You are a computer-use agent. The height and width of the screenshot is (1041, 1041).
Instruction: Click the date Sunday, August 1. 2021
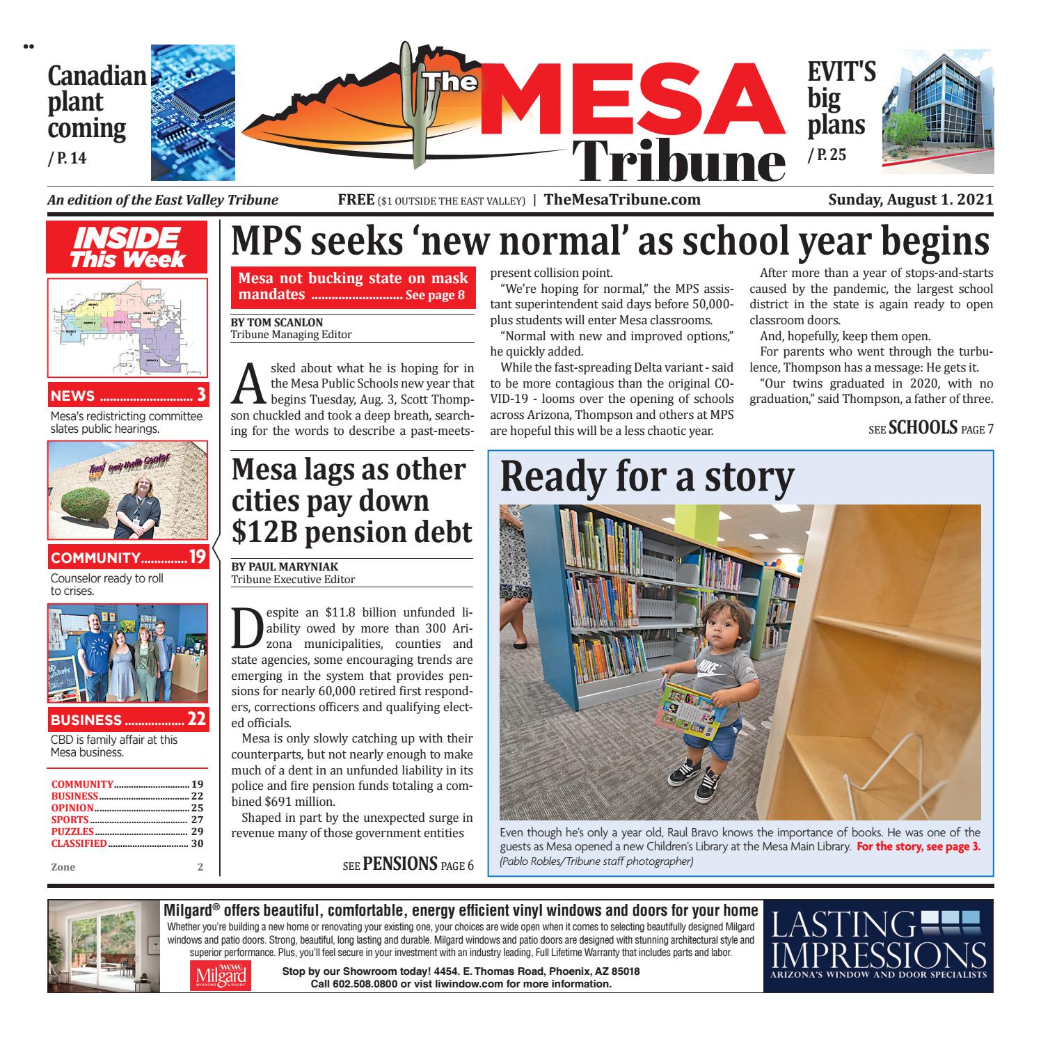point(910,200)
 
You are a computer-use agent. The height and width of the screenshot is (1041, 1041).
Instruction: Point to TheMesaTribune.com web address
point(622,200)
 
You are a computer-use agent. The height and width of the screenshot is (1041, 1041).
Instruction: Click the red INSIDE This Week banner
point(127,248)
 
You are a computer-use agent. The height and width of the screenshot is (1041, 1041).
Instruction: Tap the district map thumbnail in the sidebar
point(127,327)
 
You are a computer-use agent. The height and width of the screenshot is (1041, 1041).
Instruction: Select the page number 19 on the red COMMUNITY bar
point(198,557)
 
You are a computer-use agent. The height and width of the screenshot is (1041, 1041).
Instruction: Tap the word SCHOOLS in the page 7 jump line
point(923,428)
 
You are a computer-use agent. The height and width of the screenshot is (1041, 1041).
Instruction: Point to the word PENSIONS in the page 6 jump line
point(399,864)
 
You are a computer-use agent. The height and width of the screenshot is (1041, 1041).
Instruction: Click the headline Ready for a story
point(647,477)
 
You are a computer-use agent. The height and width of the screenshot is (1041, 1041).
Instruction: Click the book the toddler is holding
point(690,710)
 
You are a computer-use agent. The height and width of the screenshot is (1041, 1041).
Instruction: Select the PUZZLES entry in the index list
point(73,832)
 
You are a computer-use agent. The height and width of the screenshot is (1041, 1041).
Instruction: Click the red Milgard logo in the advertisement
point(219,976)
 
